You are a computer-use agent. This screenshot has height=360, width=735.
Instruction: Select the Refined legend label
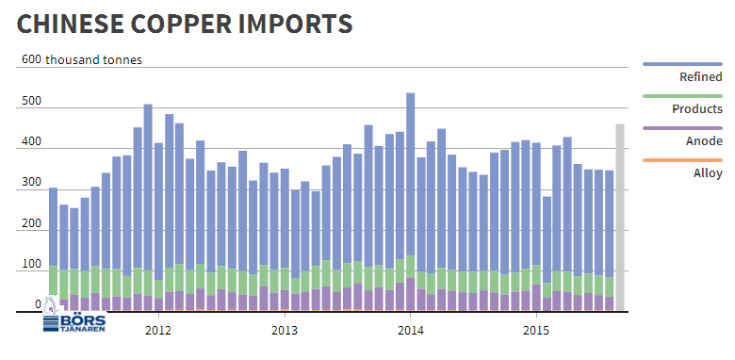[701, 77]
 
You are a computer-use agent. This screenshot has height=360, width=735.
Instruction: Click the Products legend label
[697, 109]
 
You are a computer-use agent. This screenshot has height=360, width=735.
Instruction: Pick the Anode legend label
[704, 141]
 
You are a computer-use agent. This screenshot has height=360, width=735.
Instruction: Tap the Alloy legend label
[708, 173]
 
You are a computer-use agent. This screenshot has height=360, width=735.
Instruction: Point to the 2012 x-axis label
[158, 331]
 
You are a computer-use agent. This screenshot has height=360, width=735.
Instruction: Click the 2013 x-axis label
[285, 331]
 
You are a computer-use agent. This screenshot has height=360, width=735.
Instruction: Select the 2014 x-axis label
[411, 331]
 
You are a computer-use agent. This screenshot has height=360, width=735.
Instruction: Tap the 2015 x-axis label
[537, 331]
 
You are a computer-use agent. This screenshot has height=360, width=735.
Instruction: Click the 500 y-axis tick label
[30, 101]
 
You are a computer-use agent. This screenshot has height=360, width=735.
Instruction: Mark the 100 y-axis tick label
[30, 265]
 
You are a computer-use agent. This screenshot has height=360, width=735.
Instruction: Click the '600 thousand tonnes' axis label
[82, 60]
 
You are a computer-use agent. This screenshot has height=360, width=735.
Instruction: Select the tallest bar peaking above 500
[410, 202]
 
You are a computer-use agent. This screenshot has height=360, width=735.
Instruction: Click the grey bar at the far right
[620, 218]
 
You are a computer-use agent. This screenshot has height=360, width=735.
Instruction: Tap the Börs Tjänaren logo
[74, 319]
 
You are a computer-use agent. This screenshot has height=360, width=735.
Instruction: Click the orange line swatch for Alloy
[682, 160]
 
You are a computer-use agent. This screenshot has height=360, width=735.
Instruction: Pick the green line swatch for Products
[682, 96]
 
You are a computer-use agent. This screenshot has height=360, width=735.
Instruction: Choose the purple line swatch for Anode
[682, 128]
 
